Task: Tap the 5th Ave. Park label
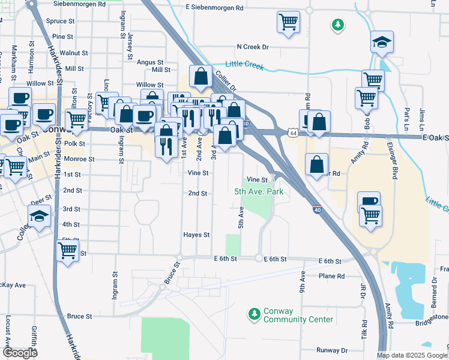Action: [x=258, y=192]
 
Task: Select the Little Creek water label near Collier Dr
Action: [x=244, y=65]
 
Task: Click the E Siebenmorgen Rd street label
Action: [x=214, y=8]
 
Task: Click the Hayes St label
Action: [x=196, y=235]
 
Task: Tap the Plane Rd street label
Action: [x=332, y=276]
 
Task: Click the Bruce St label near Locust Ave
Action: [x=79, y=316]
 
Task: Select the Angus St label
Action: [x=150, y=62]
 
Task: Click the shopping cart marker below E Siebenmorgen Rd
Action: [x=289, y=22]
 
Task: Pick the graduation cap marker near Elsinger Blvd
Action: [x=382, y=42]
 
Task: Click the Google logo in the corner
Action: [x=20, y=353]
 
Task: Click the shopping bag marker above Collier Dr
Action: [x=200, y=76]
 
